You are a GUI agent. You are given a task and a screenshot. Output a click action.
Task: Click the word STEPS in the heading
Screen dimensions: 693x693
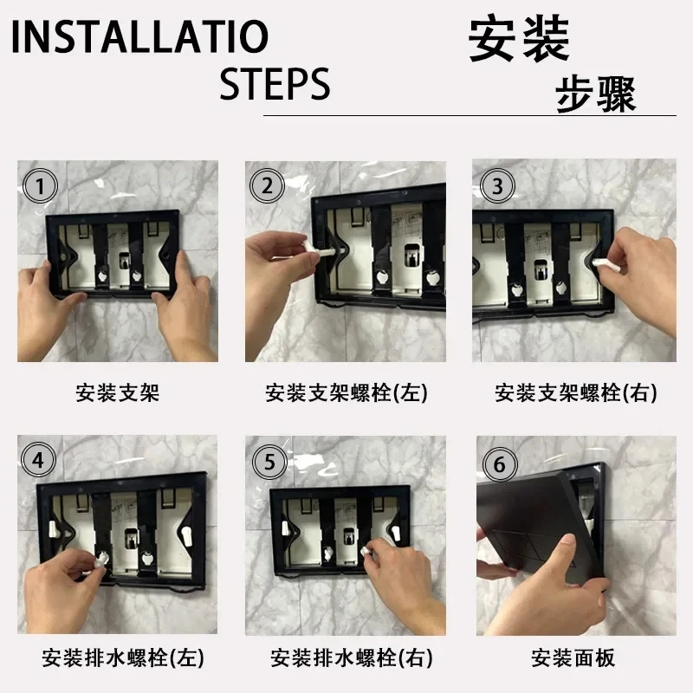pyautogui.click(x=275, y=83)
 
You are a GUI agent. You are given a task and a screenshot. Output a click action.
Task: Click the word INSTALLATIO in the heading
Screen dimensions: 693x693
pyautogui.click(x=139, y=36)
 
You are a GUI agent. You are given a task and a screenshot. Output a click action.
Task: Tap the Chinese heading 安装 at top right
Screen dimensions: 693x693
pyautogui.click(x=519, y=38)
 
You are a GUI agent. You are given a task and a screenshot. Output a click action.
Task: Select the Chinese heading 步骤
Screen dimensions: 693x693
pyautogui.click(x=596, y=94)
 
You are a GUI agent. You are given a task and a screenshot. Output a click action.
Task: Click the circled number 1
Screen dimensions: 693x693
pyautogui.click(x=40, y=186)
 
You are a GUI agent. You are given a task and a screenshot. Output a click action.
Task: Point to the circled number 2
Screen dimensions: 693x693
pyautogui.click(x=267, y=186)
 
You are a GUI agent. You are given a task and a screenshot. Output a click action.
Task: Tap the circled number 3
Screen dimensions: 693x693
pyautogui.click(x=497, y=186)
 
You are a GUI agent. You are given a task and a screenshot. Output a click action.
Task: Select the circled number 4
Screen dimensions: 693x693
pyautogui.click(x=38, y=460)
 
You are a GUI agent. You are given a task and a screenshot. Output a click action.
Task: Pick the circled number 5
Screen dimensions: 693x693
pyautogui.click(x=269, y=462)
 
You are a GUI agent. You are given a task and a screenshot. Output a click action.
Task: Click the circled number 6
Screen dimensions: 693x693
pyautogui.click(x=500, y=464)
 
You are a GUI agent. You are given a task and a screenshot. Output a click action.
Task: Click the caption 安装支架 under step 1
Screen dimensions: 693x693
pyautogui.click(x=117, y=392)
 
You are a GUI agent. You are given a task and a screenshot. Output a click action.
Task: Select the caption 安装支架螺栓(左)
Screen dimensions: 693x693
pyautogui.click(x=346, y=392)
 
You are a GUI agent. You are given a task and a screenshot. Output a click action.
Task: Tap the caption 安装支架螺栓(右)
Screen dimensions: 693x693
pyautogui.click(x=576, y=392)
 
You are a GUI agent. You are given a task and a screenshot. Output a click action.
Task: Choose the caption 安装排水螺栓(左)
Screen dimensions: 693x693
pyautogui.click(x=123, y=657)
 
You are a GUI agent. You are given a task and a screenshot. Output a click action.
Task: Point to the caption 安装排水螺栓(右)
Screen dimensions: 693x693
pyautogui.click(x=352, y=657)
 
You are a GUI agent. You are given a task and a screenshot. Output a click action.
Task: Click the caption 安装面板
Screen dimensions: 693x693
pyautogui.click(x=573, y=657)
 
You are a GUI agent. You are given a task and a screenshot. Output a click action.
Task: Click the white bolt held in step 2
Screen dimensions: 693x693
pyautogui.click(x=321, y=251)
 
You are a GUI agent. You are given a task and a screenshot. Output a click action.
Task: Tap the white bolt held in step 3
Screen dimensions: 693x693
pyautogui.click(x=604, y=264)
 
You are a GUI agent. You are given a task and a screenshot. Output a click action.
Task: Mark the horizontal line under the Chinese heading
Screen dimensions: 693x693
pyautogui.click(x=470, y=116)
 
